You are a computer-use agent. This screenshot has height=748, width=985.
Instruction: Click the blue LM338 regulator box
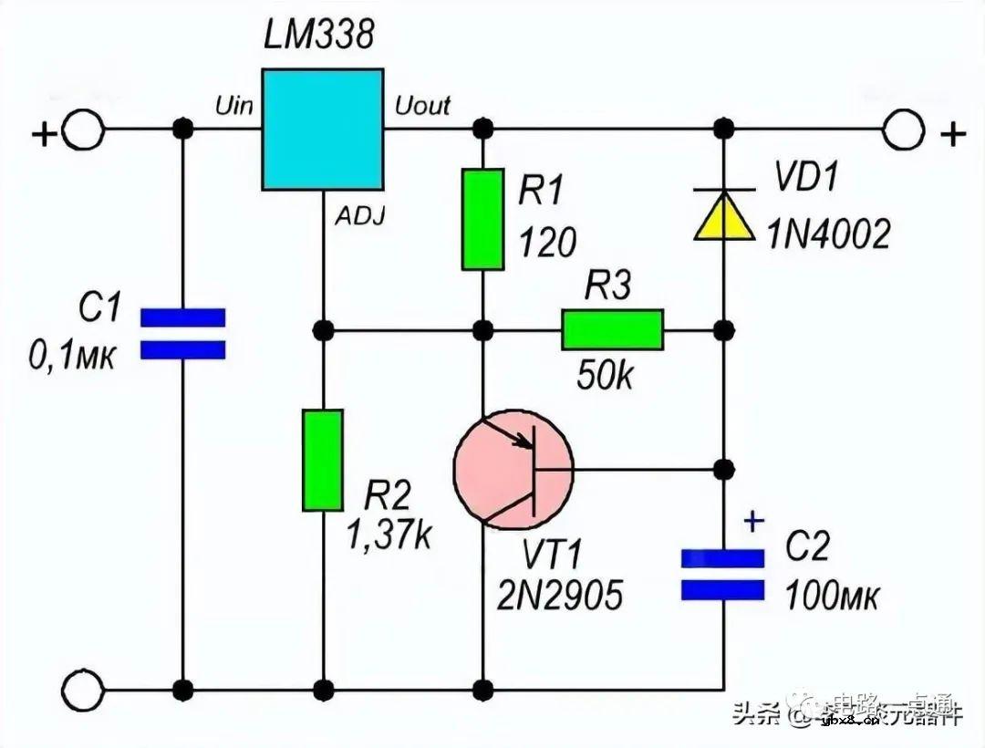click(322, 130)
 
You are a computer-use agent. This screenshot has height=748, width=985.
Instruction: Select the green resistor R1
click(482, 219)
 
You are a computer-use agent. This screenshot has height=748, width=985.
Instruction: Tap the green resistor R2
click(323, 460)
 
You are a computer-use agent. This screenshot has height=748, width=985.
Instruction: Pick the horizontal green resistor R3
click(613, 329)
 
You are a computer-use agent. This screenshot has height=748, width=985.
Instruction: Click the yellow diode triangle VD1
click(724, 216)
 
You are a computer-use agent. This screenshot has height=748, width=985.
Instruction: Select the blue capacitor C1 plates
click(182, 333)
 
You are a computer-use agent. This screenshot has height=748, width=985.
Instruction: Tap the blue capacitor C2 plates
click(723, 576)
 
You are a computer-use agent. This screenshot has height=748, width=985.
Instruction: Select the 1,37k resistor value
click(388, 536)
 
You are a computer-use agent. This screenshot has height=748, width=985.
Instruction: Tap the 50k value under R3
click(606, 375)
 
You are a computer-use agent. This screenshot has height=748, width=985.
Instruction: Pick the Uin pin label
click(233, 106)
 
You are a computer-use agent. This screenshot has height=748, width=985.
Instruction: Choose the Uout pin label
click(422, 106)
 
